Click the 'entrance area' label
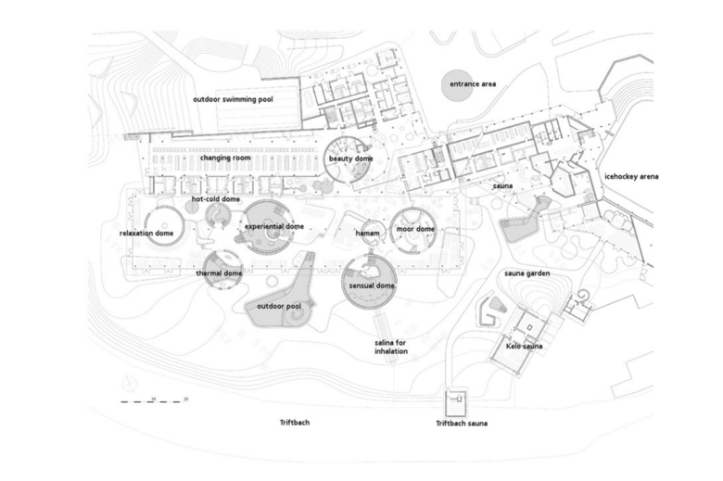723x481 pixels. [473, 84]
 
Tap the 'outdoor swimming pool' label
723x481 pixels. [233, 99]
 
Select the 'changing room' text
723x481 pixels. [225, 158]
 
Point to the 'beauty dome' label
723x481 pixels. [351, 158]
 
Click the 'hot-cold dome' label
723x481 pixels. [216, 199]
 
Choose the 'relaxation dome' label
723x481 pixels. [146, 234]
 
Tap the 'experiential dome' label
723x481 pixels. [274, 226]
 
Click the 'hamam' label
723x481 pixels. [367, 234]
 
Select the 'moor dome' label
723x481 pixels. [415, 229]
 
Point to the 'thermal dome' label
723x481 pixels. [219, 273]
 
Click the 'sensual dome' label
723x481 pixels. [372, 286]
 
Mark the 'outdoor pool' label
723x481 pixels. [279, 306]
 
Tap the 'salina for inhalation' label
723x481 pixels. [391, 347]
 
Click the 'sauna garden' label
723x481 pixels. [527, 273]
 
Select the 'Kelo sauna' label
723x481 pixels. [525, 346]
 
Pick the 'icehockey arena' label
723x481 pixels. [631, 177]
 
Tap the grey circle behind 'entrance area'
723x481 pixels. [457, 85]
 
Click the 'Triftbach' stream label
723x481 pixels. [295, 423]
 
